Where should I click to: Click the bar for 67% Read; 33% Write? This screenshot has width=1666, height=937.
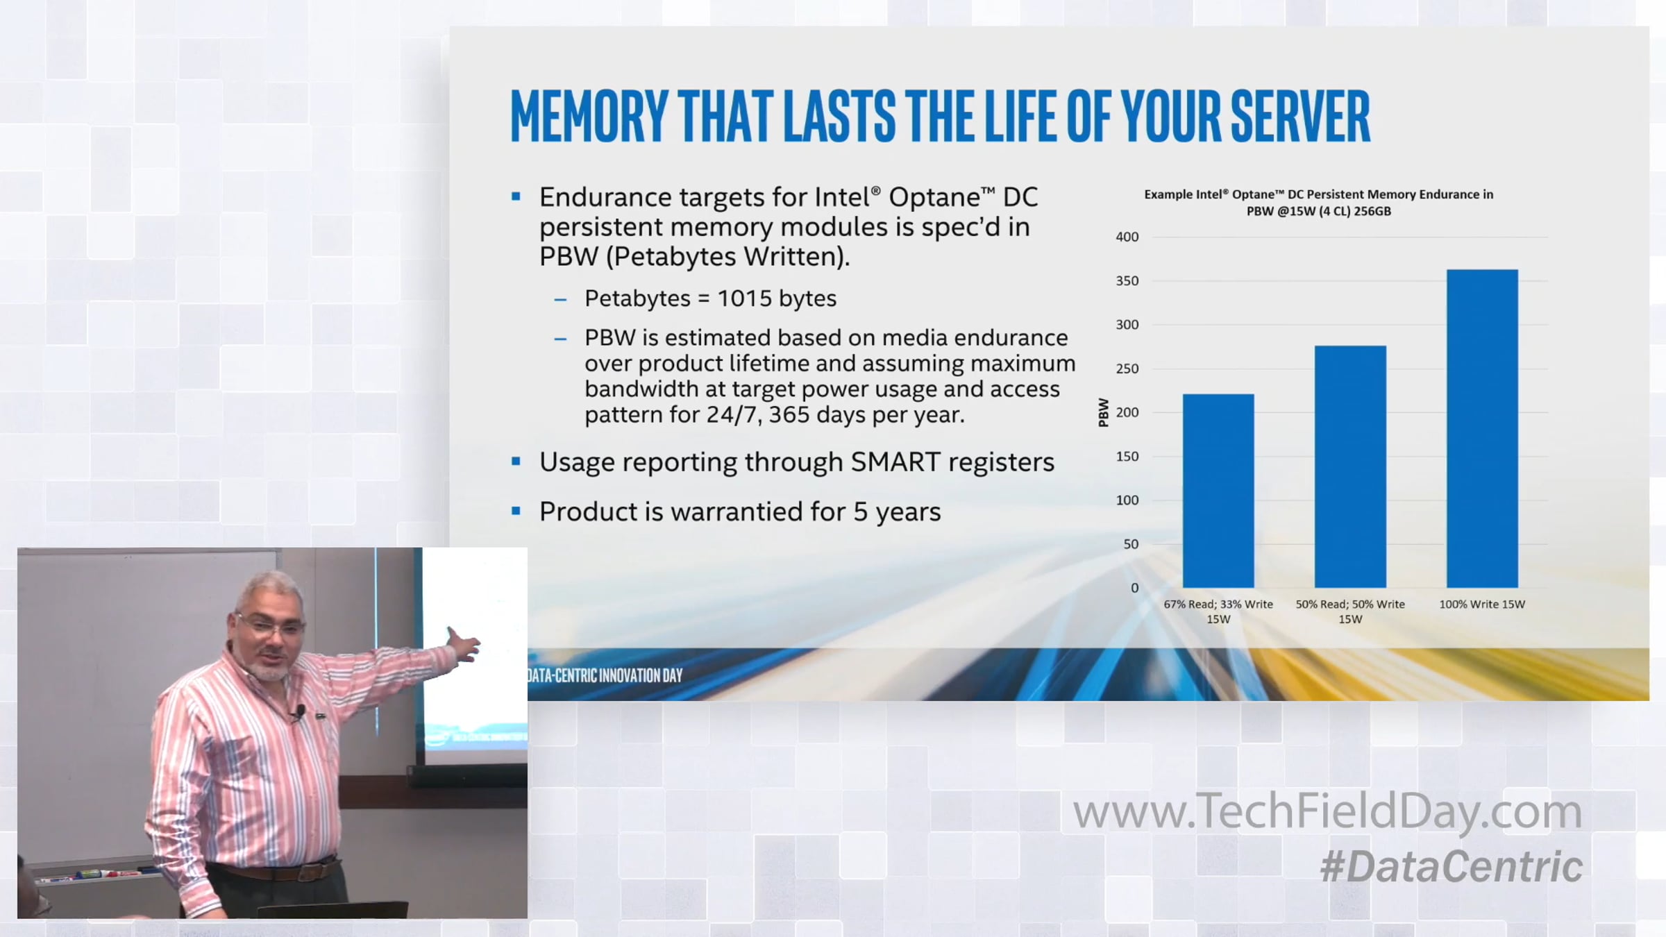(x=1218, y=491)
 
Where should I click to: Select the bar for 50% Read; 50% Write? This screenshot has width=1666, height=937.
(x=1350, y=466)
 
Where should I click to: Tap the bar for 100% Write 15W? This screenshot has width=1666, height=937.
(x=1482, y=428)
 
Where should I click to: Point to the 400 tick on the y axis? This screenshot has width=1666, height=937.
(x=1127, y=237)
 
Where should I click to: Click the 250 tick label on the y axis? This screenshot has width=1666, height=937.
(x=1127, y=369)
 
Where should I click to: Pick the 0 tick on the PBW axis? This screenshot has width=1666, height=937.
(x=1134, y=588)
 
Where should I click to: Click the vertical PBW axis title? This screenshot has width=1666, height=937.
(x=1104, y=412)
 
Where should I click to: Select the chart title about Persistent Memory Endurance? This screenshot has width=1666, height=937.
(x=1318, y=203)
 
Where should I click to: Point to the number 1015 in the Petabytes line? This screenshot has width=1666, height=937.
(x=744, y=298)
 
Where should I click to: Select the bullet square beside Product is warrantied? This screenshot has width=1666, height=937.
(x=516, y=511)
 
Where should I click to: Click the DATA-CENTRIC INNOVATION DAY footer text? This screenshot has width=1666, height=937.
(x=605, y=675)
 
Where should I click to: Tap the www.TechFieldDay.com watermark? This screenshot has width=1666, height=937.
(x=1327, y=811)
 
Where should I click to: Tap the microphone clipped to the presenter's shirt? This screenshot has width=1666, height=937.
(x=300, y=710)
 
